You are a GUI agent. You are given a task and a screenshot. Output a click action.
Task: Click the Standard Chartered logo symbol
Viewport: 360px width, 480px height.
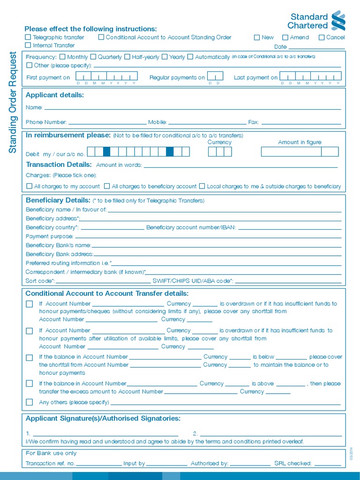(x=338, y=21)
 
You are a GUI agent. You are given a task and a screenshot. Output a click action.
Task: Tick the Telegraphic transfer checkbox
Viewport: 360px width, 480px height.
(x=28, y=37)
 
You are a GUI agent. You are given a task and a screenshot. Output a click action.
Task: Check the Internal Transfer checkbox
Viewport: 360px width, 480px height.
(x=28, y=45)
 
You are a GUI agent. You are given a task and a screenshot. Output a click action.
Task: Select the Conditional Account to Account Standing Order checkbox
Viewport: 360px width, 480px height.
(x=101, y=37)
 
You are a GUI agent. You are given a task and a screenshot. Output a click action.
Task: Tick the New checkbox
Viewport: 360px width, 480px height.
(x=257, y=37)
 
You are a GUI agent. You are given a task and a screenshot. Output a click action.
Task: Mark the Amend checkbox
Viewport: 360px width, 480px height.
(x=285, y=37)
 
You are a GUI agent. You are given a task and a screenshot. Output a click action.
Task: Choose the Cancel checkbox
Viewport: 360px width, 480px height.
(x=322, y=37)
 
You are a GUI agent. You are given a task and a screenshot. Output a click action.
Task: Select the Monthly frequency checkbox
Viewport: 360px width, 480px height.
(x=62, y=57)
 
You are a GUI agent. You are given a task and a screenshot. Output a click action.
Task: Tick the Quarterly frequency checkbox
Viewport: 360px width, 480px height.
(x=93, y=57)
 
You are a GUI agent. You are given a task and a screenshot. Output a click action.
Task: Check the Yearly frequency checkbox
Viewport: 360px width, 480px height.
(x=165, y=57)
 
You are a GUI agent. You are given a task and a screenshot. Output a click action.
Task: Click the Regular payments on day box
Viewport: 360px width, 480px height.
(x=215, y=76)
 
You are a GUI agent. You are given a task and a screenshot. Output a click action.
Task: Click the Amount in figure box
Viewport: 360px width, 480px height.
(x=300, y=151)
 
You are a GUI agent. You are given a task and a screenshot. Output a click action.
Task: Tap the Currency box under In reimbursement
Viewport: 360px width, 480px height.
(x=220, y=151)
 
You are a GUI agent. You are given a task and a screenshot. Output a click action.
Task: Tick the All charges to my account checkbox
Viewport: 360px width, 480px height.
(x=30, y=186)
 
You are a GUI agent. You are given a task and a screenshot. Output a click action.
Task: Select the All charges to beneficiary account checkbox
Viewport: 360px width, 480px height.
(x=107, y=186)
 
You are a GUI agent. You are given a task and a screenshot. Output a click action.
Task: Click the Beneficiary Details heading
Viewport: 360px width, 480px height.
(x=58, y=200)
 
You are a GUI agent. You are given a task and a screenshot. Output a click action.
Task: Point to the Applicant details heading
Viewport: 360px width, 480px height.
(x=55, y=95)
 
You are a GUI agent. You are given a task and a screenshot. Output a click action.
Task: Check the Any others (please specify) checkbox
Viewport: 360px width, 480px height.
(x=30, y=402)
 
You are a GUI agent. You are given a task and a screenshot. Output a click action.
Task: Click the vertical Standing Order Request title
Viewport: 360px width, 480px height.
(x=13, y=102)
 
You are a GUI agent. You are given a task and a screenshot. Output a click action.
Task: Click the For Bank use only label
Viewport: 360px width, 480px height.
(x=51, y=453)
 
